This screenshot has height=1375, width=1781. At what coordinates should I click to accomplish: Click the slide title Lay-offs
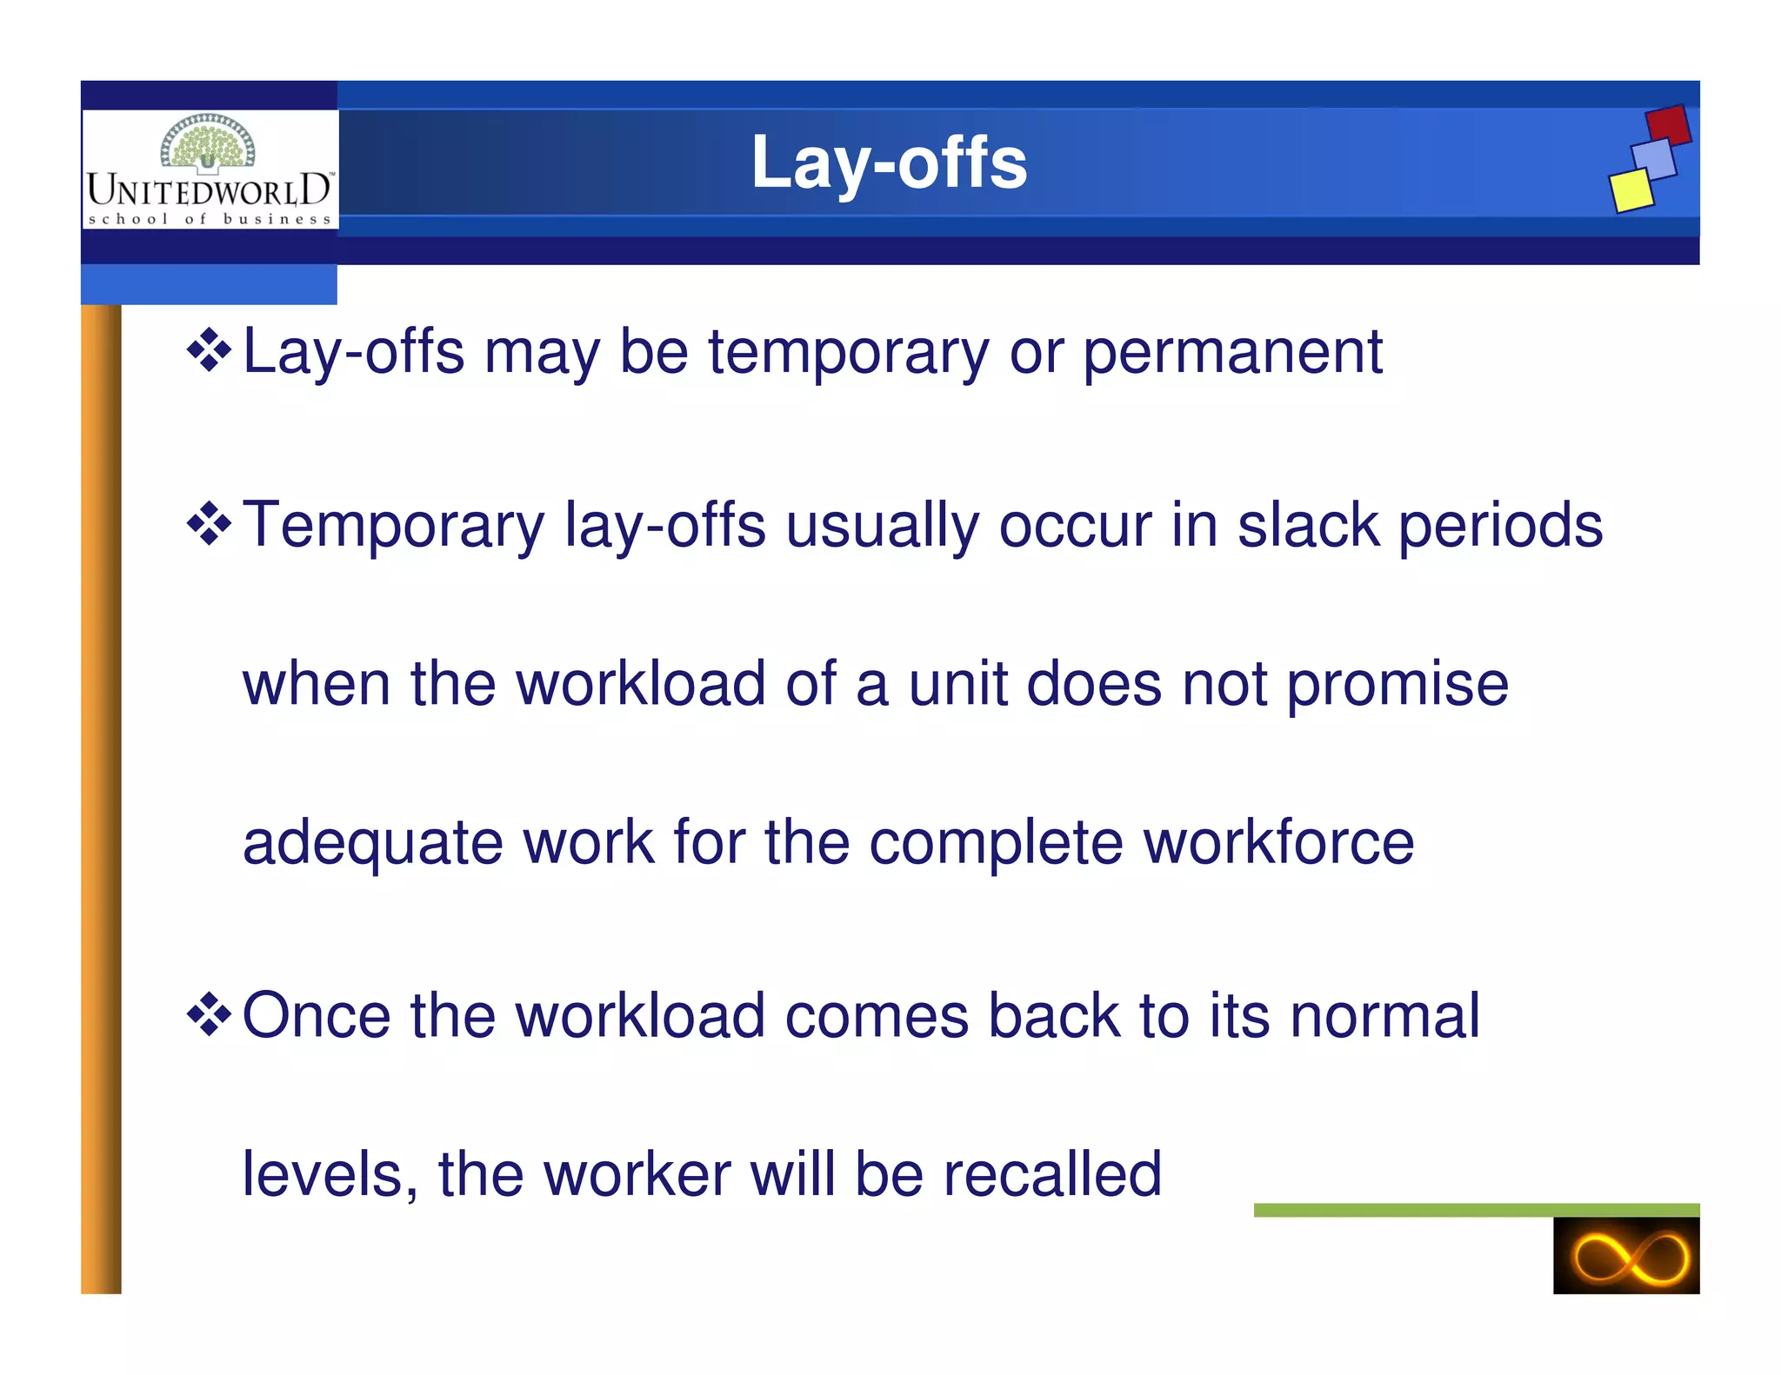889,163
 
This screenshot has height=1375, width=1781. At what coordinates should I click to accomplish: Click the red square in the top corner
1668,125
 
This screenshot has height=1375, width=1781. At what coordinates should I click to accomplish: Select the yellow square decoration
1631,190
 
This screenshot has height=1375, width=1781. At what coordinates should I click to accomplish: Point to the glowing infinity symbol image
1625,1255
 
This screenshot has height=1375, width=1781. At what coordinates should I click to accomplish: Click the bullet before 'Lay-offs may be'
209,351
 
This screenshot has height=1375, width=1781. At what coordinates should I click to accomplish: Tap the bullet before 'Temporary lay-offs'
209,525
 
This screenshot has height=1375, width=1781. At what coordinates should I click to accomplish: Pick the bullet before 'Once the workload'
209,1015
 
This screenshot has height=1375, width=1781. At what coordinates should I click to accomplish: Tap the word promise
1397,685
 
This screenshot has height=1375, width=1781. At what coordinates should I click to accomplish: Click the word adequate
372,843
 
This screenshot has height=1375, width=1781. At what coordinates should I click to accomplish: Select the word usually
882,527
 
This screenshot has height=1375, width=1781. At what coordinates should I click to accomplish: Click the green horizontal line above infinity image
1476,1210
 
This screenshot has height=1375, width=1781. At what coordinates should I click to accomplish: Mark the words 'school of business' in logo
210,219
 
